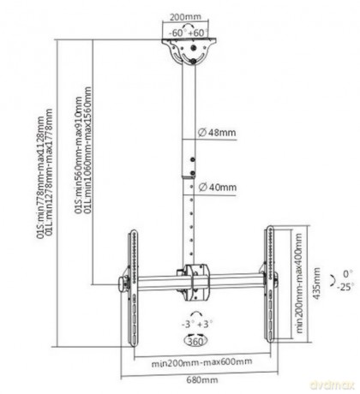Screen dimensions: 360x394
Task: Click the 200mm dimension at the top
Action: coord(185,16)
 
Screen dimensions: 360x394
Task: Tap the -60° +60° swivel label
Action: coord(188,33)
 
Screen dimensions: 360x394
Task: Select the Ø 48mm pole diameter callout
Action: coord(217,133)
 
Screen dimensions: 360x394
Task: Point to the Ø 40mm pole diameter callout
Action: coord(218,188)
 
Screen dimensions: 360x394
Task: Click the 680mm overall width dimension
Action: coord(202,380)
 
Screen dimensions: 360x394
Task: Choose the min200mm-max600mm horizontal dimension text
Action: coord(201,362)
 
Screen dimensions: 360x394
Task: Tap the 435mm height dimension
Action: coord(316,284)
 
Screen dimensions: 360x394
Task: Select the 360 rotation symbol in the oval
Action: coord(196,341)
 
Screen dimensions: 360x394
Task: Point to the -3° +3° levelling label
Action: coord(197,325)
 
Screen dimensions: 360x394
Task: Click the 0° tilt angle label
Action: coord(348,274)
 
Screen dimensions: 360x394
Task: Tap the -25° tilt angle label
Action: coord(345,287)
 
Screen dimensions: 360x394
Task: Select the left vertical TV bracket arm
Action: coord(133,288)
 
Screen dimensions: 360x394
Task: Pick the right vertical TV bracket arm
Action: coord(270,284)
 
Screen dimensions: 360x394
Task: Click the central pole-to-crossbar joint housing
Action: coord(195,283)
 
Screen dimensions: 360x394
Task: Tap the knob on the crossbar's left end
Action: coord(123,284)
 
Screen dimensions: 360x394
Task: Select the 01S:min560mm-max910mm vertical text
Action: coord(78,155)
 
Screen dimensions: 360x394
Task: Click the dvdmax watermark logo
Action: coord(332,385)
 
